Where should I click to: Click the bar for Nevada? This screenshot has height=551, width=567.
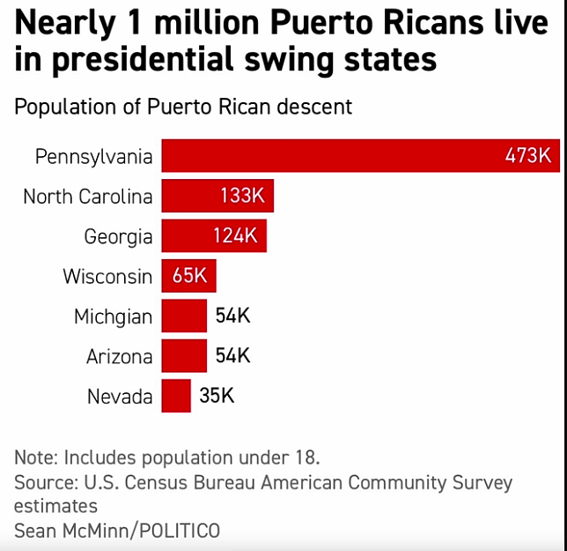pyautogui.click(x=176, y=396)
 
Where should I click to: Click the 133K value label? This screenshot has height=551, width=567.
pyautogui.click(x=242, y=196)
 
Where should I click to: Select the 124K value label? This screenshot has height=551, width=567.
pyautogui.click(x=235, y=236)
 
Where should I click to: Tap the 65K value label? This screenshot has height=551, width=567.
pyautogui.click(x=189, y=276)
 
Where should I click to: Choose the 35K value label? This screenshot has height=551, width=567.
pyautogui.click(x=217, y=396)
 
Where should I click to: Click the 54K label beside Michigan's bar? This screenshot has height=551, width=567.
pyautogui.click(x=233, y=316)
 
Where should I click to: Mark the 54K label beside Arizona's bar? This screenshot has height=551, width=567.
pyautogui.click(x=233, y=356)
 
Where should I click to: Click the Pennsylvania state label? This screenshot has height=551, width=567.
pyautogui.click(x=93, y=157)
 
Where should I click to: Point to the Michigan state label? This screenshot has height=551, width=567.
pyautogui.click(x=113, y=316)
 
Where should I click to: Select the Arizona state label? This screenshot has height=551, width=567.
pyautogui.click(x=119, y=357)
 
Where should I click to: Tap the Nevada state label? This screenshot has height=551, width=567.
pyautogui.click(x=120, y=397)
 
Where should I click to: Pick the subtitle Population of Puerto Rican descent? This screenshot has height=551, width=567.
pyautogui.click(x=183, y=108)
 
